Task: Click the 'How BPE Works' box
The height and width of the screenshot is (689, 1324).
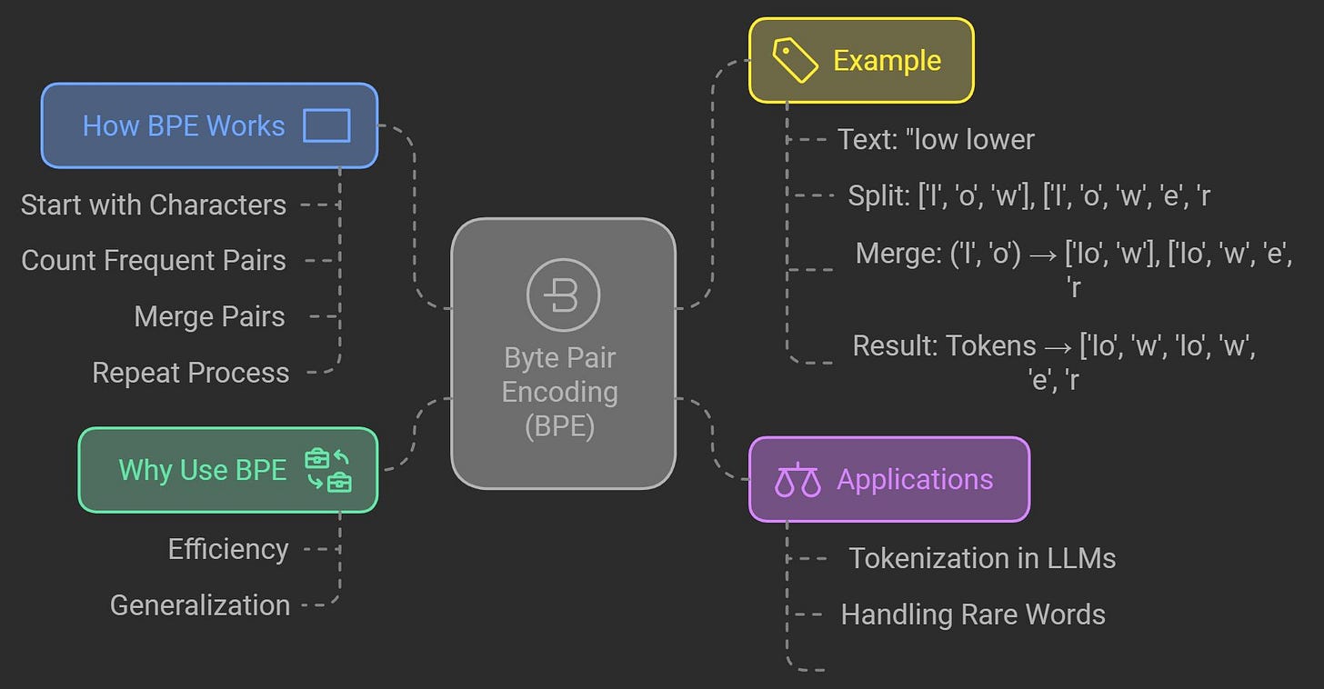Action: click(209, 125)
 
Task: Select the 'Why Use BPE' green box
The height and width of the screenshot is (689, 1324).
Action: click(227, 470)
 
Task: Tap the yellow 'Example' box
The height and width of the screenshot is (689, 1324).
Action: click(860, 60)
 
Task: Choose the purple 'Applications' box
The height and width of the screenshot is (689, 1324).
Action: click(888, 479)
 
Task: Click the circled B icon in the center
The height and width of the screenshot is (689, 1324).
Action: click(563, 295)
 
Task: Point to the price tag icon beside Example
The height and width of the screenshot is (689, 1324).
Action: click(795, 60)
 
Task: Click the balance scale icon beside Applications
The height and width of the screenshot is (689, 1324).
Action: click(797, 480)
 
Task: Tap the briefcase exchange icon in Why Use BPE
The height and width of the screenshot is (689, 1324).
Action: click(328, 470)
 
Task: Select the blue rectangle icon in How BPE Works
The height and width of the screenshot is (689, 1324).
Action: click(326, 125)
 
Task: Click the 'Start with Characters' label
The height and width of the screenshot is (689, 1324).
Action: click(154, 205)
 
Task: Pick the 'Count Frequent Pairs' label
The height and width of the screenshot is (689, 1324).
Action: click(154, 260)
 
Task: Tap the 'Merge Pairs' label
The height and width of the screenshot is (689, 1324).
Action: click(209, 316)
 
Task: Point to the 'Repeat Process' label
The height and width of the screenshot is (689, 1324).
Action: click(191, 373)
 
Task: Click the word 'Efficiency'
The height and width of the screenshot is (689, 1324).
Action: click(228, 549)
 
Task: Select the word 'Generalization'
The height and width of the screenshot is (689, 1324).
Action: click(200, 605)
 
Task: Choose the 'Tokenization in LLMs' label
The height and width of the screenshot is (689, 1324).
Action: click(982, 558)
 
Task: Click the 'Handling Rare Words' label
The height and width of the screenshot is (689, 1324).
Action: click(973, 614)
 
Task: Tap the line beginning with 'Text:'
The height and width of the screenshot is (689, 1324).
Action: click(936, 139)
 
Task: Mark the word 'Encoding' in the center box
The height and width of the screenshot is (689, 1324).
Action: click(560, 392)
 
